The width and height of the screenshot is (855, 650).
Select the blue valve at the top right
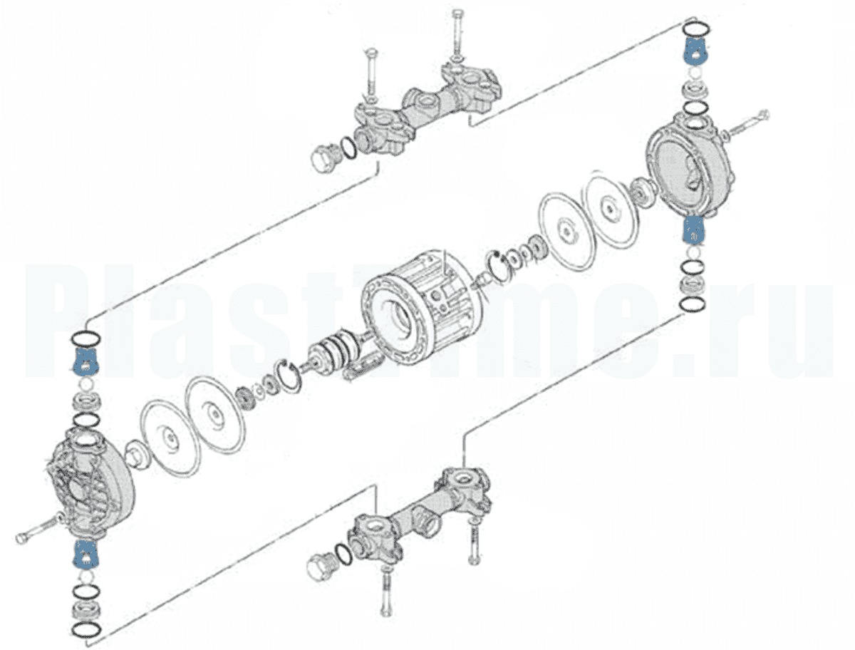[x=695, y=51]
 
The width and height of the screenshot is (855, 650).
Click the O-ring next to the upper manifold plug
[x=348, y=147]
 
